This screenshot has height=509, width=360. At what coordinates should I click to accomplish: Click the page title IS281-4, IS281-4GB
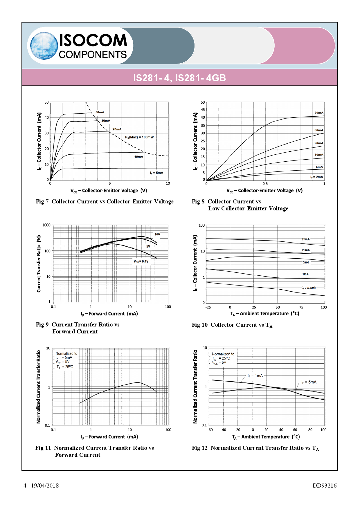coord(179,78)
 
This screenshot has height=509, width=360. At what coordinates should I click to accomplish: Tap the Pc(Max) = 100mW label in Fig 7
coord(139,137)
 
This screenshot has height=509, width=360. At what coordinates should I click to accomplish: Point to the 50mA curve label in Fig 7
coord(100,112)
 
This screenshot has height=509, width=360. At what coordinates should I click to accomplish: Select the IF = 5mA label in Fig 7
coord(156,173)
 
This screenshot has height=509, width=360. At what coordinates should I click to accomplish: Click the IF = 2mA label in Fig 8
coord(316,177)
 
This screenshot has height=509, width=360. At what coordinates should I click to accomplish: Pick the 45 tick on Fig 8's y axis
coord(203,110)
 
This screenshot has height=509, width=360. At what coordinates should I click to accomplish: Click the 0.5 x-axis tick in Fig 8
coord(265,184)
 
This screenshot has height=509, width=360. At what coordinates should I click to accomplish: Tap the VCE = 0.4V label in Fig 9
coord(141,261)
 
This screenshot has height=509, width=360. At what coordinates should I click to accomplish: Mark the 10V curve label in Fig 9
coord(157,234)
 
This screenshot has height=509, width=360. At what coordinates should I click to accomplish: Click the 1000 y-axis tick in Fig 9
coord(46,225)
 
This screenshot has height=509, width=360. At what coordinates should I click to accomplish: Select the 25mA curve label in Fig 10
coord(305,239)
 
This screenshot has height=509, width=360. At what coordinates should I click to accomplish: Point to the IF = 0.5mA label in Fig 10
coord(309,288)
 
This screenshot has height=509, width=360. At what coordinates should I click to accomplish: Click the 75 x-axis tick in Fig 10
coord(301,307)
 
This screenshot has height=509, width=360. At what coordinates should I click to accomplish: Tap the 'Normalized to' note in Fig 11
coord(66,353)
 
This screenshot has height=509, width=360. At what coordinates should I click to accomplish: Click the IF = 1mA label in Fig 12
coord(255,376)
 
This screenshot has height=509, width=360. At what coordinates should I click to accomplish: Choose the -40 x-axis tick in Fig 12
coord(223,430)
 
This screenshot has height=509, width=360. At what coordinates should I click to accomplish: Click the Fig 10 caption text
coord(232,325)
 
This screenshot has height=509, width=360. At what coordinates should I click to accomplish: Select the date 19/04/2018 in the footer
coord(45,485)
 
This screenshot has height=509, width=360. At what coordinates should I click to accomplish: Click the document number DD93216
coord(324,485)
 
